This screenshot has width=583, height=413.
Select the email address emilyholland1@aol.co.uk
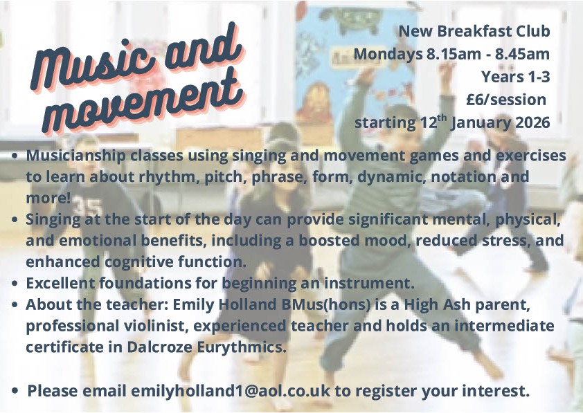click(x=231, y=391)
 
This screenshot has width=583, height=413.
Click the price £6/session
click(x=506, y=100)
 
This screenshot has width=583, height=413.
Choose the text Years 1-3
click(x=516, y=77)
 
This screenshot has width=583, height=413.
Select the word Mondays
click(x=388, y=55)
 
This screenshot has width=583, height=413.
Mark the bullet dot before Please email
click(x=15, y=391)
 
